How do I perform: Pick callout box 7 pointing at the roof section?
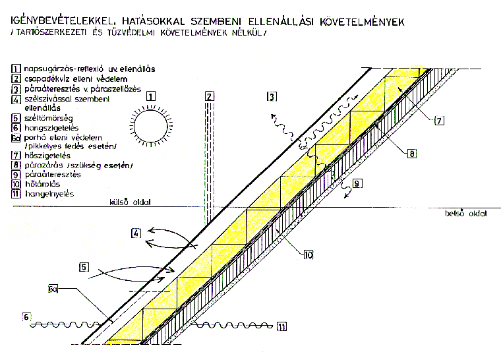point(440,120)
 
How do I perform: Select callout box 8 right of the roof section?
point(411,154)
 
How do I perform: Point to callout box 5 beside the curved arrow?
point(84,267)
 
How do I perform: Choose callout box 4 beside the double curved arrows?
point(134,233)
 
